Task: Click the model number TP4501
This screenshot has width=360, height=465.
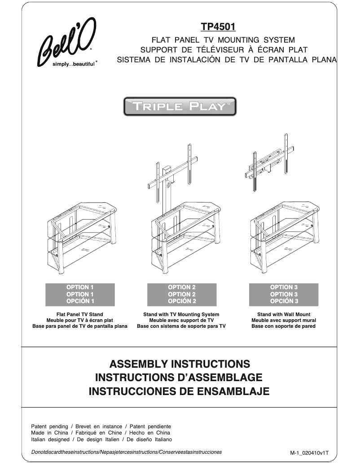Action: point(219,27)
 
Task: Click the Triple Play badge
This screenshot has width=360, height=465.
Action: point(180,107)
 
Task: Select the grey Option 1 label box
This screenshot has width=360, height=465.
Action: point(80,294)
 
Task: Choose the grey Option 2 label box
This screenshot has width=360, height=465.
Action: point(182,294)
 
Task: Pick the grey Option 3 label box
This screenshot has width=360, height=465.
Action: point(284,294)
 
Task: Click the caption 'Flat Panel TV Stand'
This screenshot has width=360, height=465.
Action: point(79,315)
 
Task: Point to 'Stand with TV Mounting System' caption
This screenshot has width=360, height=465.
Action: point(181,315)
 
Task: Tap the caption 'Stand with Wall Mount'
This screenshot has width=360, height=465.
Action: point(284,315)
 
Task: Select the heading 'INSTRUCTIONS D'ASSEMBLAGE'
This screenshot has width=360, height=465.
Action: point(180,377)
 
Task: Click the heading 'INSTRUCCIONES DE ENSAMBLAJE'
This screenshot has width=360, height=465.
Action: point(180,391)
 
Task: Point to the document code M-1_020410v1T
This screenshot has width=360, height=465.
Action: point(309,453)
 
